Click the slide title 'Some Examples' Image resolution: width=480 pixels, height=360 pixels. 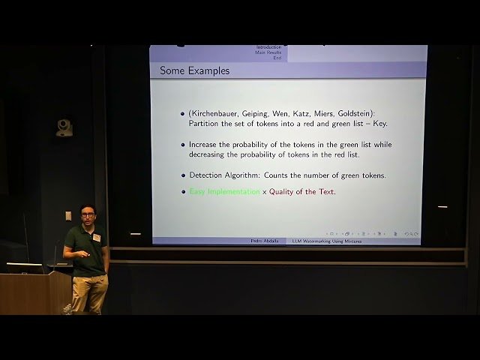[195, 70]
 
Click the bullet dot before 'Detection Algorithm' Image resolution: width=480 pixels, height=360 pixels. [182, 175]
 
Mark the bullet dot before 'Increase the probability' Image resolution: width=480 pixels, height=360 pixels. [182, 145]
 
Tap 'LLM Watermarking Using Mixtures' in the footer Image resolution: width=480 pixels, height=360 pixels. [326, 241]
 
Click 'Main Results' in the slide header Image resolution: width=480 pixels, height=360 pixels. [268, 52]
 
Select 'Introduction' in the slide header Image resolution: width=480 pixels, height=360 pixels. [268, 47]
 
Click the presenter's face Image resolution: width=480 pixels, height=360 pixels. [88, 215]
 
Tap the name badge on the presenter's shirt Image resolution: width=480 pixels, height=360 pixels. [95, 238]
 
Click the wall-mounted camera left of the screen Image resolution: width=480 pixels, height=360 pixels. [64, 127]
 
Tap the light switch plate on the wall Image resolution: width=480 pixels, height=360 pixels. [68, 216]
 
